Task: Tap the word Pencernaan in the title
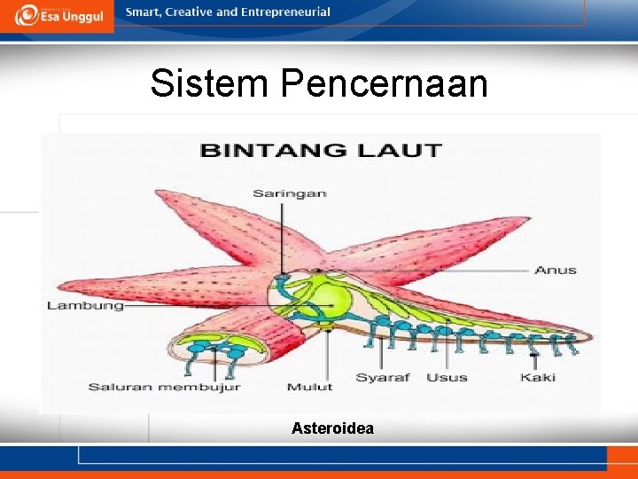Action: (385, 83)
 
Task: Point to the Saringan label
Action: (289, 193)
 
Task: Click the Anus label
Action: (556, 270)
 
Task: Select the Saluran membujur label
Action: (164, 387)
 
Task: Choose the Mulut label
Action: (309, 387)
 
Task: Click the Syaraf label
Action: (383, 378)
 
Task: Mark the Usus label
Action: (447, 378)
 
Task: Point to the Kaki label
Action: (537, 378)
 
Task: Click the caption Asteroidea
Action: (332, 428)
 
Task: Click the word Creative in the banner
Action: (189, 12)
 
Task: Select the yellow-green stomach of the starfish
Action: (329, 298)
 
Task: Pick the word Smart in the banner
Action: (143, 12)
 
